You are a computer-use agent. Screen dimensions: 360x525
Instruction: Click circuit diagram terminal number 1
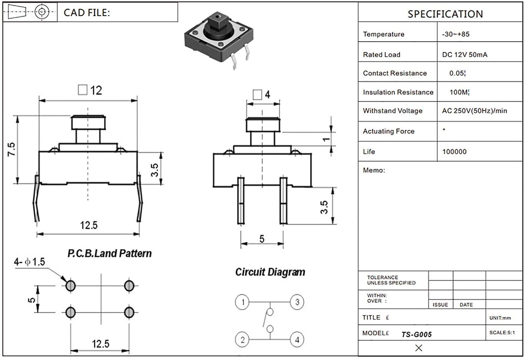pyautogui.click(x=243, y=302)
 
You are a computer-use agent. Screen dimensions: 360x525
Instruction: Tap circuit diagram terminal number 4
pyautogui.click(x=297, y=339)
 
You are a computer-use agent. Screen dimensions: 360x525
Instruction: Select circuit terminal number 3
pyautogui.click(x=297, y=302)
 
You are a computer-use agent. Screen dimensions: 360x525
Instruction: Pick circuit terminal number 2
pyautogui.click(x=243, y=339)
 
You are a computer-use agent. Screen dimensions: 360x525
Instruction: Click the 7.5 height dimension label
pyautogui.click(x=12, y=149)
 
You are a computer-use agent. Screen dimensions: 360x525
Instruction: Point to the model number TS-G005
pyautogui.click(x=416, y=334)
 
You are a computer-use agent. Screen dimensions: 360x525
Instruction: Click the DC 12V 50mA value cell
pyautogui.click(x=464, y=55)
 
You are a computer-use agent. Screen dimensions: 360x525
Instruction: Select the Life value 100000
pyautogui.click(x=454, y=152)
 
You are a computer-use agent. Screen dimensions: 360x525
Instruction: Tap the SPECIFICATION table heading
pyautogui.click(x=445, y=14)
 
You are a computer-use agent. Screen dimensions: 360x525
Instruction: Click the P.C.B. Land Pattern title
pyautogui.click(x=109, y=253)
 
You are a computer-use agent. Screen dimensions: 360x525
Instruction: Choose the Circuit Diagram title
pyautogui.click(x=270, y=272)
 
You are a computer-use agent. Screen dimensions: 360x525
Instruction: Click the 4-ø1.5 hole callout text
pyautogui.click(x=29, y=262)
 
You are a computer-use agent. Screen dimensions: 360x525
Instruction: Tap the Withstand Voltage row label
pyautogui.click(x=393, y=111)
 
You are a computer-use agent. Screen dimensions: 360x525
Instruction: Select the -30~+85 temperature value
pyautogui.click(x=456, y=34)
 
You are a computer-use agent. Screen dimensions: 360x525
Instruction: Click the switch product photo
pyautogui.click(x=219, y=39)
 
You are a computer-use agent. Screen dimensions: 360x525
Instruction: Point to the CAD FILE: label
pyautogui.click(x=87, y=13)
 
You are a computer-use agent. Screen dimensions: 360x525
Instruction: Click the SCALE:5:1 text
pyautogui.click(x=502, y=332)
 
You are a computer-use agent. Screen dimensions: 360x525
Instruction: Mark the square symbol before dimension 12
pyautogui.click(x=82, y=90)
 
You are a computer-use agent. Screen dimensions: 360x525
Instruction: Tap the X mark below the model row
pyautogui.click(x=418, y=348)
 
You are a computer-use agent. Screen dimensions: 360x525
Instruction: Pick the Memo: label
pyautogui.click(x=374, y=170)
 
